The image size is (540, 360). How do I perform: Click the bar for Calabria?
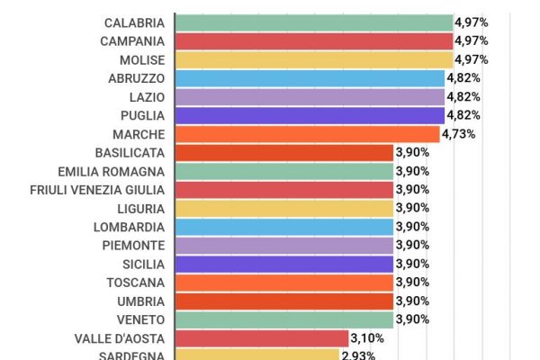[313, 22]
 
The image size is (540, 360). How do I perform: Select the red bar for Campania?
[313, 41]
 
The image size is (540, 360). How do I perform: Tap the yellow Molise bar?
[313, 59]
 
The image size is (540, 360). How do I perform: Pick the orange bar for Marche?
[307, 134]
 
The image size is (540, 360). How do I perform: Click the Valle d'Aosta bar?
[262, 338]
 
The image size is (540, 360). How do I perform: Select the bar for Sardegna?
[256, 355]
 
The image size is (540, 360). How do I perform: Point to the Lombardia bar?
[283, 227]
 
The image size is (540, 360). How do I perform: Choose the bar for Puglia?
[310, 115]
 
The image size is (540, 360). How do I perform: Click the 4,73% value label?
[458, 134]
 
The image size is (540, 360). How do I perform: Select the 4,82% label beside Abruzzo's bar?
[463, 78]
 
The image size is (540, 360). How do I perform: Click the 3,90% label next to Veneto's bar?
[412, 319]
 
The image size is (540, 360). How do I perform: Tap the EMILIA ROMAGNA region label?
[111, 171]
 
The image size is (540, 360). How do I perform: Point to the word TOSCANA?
[135, 283]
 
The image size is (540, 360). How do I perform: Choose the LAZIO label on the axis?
[147, 97]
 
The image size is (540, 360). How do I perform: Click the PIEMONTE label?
[135, 246]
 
